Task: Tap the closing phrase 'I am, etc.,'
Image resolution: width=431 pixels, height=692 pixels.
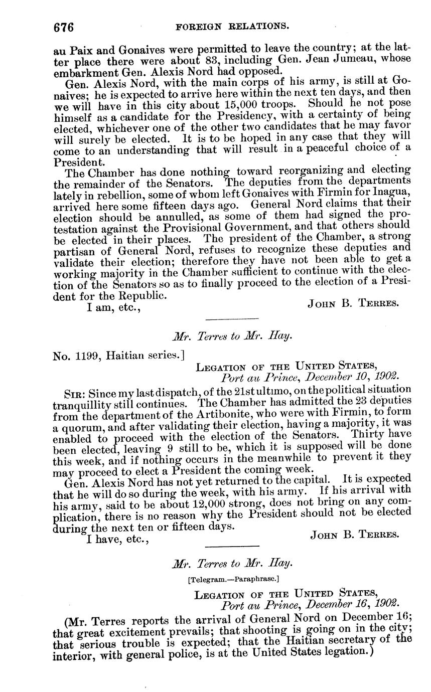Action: (x=113, y=307)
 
